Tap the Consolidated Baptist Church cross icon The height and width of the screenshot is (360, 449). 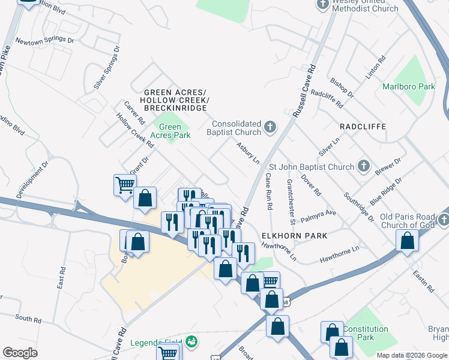270,127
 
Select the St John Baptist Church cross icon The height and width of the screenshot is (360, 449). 363,166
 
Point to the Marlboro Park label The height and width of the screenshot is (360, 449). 409,86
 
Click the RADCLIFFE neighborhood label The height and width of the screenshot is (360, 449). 362,127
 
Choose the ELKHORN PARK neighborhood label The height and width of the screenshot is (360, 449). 295,236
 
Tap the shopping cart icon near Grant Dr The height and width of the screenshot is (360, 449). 124,184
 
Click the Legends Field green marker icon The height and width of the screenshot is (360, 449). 192,342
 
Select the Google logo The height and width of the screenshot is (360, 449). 20,353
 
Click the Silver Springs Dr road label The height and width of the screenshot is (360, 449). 107,68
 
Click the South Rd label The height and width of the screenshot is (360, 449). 27,318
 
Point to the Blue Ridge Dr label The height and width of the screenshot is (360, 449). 386,191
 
